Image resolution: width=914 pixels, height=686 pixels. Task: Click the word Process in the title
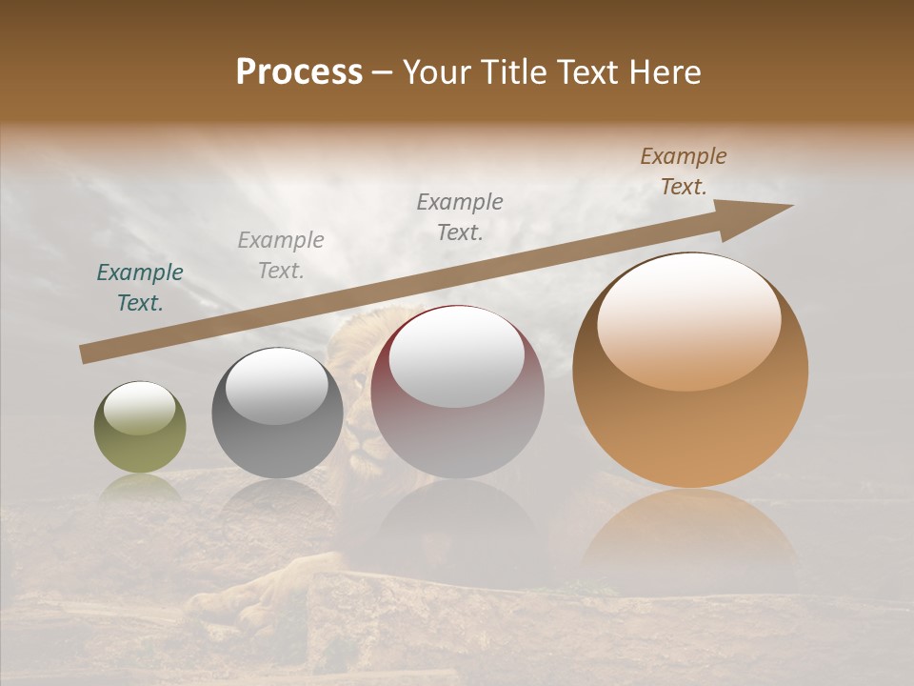299,72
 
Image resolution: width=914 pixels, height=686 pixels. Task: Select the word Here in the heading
664,72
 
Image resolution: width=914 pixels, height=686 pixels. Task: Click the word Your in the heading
438,72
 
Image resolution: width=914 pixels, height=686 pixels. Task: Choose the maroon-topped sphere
457,429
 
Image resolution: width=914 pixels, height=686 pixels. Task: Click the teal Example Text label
140,288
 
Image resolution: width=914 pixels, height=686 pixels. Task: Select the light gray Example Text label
280,255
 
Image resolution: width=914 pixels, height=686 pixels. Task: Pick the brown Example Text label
684,171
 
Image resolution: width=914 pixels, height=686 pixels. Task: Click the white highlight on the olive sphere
140,408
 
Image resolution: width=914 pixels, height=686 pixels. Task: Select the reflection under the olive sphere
140,488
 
